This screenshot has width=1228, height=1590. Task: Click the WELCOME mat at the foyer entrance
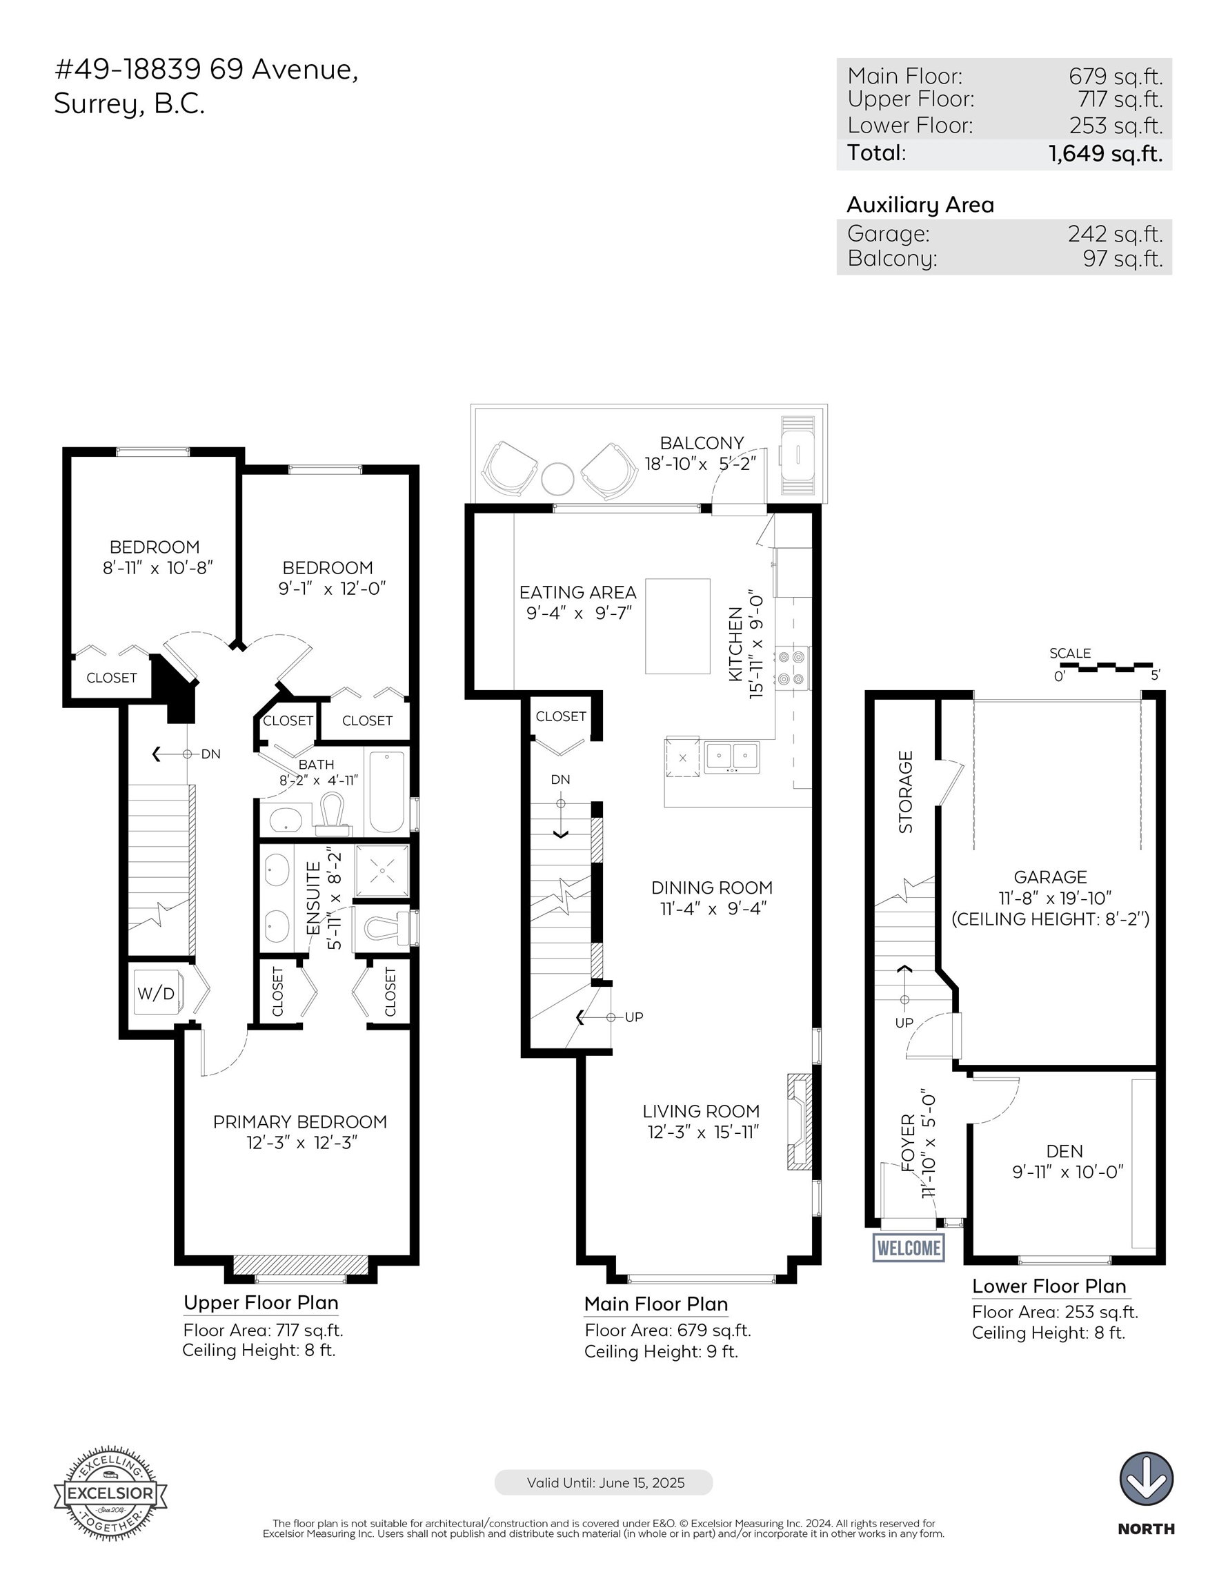(x=909, y=1247)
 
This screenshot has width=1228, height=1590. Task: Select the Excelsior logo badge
(x=110, y=1493)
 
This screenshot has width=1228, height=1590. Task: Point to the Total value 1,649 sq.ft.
(x=1105, y=154)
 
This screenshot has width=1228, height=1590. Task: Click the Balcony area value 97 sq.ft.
(x=1122, y=259)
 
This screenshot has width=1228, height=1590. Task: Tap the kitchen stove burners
(x=792, y=667)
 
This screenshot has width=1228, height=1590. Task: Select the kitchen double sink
(x=731, y=757)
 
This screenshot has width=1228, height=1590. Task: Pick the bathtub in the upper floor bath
(x=386, y=792)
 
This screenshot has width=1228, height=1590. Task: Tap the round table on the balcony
(x=557, y=479)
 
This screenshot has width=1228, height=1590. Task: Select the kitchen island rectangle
(x=677, y=626)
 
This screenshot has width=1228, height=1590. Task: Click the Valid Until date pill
(x=604, y=1482)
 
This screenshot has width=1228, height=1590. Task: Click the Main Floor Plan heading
(x=656, y=1304)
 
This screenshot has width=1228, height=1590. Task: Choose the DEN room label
(x=1064, y=1151)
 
